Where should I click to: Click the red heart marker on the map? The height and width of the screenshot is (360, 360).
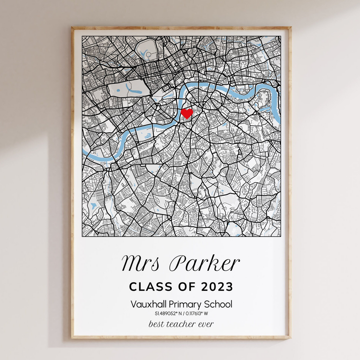click(187, 113)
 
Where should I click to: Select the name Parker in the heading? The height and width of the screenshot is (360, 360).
click(205, 263)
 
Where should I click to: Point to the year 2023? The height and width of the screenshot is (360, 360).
click(217, 287)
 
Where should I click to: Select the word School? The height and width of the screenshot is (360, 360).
click(218, 304)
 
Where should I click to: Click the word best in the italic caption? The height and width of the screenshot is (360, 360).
click(156, 324)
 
